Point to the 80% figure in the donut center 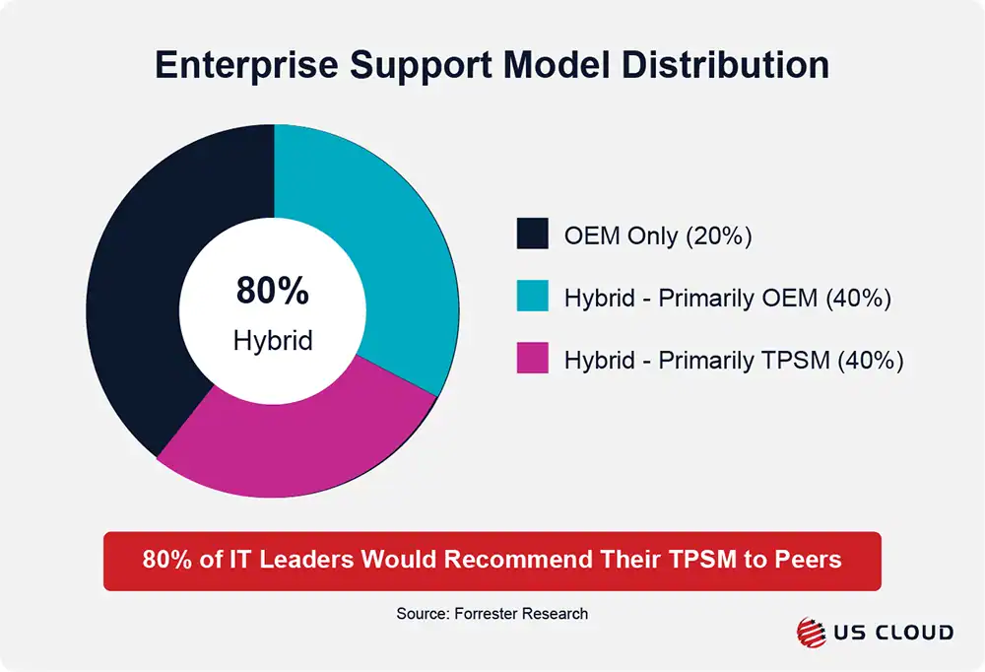pyautogui.click(x=273, y=292)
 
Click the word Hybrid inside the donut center pyautogui.click(x=273, y=341)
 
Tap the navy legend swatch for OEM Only pyautogui.click(x=532, y=235)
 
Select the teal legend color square pyautogui.click(x=532, y=298)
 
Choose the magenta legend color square pyautogui.click(x=532, y=360)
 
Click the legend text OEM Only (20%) pyautogui.click(x=657, y=236)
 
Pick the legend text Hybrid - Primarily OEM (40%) pyautogui.click(x=727, y=299)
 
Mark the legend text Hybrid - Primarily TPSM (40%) pyautogui.click(x=734, y=361)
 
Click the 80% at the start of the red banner pyautogui.click(x=164, y=560)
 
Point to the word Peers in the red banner pyautogui.click(x=809, y=560)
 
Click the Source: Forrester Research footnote pyautogui.click(x=492, y=613)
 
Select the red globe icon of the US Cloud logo pyautogui.click(x=810, y=633)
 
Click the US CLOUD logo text pyautogui.click(x=890, y=633)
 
